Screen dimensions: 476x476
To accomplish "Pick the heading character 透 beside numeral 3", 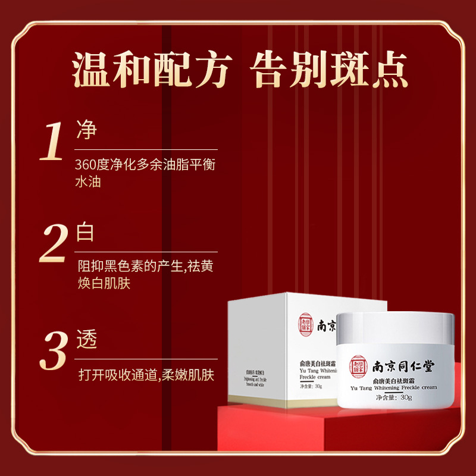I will coord(87,339).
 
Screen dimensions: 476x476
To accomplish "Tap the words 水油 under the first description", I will coord(88,181).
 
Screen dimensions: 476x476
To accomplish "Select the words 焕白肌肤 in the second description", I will coord(104,283).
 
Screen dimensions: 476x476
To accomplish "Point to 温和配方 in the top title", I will coord(151,71).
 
